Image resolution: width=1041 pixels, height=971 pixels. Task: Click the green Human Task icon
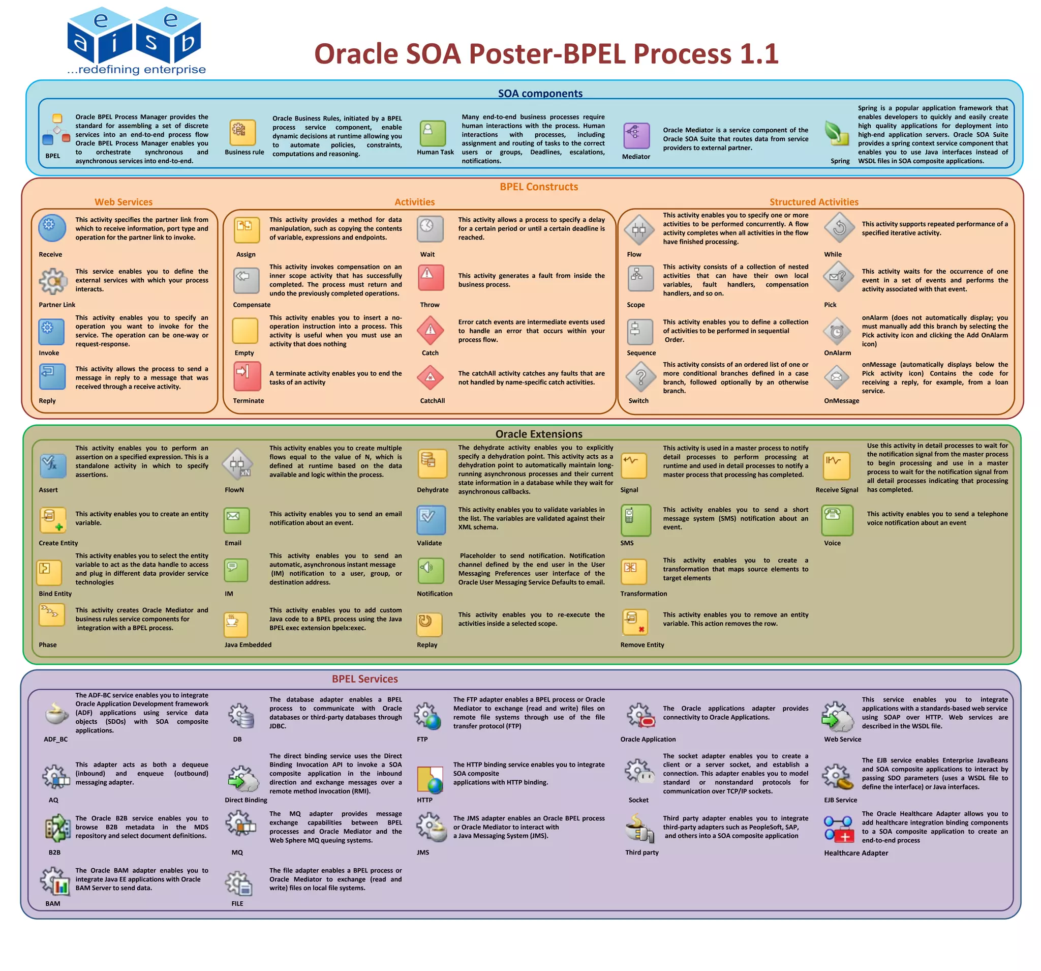(433, 134)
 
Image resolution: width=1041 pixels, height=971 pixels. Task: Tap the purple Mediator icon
(636, 136)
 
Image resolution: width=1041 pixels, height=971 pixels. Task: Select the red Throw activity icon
(431, 277)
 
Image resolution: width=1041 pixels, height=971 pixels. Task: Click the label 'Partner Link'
(57, 305)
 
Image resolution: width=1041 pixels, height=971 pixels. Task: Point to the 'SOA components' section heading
(540, 93)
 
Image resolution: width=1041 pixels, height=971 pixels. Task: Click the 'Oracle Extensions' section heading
(538, 434)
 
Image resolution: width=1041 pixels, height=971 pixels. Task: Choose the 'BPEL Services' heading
(364, 679)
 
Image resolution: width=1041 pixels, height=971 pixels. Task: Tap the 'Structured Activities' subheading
(814, 202)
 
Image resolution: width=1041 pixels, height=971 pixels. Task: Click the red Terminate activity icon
(247, 376)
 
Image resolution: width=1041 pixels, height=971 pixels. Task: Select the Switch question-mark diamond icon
(640, 377)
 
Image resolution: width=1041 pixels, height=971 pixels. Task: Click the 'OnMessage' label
(841, 401)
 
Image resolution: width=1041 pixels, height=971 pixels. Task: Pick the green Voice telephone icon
(837, 519)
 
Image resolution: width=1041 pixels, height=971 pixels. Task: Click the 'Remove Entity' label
(642, 645)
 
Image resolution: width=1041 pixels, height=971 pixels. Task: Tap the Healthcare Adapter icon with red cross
(838, 829)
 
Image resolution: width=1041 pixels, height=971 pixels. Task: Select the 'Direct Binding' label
(246, 800)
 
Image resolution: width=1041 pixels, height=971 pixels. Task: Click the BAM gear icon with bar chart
(56, 880)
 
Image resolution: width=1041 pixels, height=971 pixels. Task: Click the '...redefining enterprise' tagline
(137, 70)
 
